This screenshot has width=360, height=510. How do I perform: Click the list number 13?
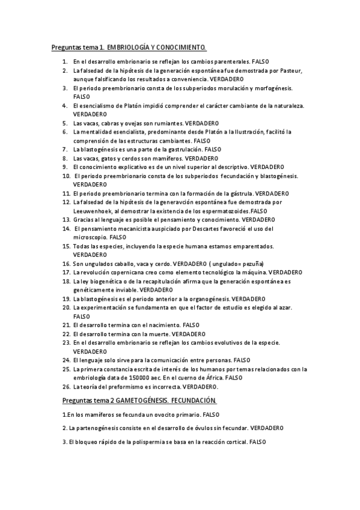point(66,220)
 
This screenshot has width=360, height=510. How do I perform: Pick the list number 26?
point(66,386)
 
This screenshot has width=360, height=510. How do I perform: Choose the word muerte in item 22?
point(157,333)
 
